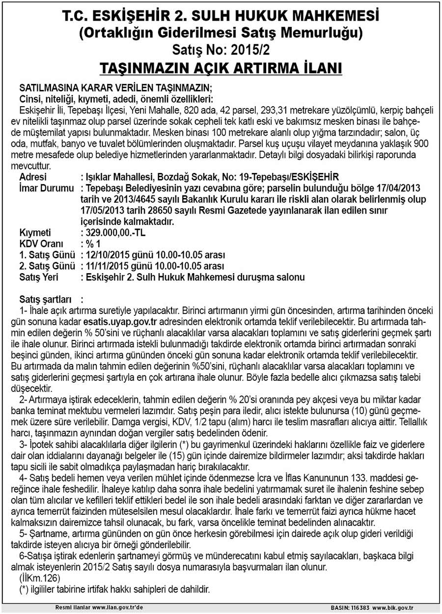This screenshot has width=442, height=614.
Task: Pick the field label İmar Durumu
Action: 46,188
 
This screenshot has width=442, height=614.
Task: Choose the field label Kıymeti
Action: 35,232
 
